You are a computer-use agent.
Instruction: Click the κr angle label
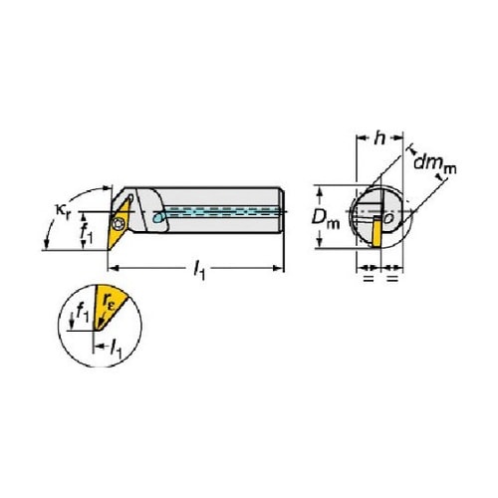[63, 211]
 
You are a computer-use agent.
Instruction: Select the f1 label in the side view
[87, 231]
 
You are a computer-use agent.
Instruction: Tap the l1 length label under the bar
[199, 269]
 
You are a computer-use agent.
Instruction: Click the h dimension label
[379, 137]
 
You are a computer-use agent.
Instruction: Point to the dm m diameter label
[435, 164]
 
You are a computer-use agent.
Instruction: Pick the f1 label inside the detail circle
[83, 313]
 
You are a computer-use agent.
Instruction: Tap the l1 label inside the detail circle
[117, 349]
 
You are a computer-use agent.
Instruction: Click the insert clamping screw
[118, 224]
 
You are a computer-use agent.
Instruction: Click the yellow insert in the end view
[376, 231]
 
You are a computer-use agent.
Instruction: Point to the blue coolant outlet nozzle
[158, 217]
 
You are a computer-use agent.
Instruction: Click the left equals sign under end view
[369, 278]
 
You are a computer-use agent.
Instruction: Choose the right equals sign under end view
[392, 278]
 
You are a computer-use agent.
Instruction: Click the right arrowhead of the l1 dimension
[278, 268]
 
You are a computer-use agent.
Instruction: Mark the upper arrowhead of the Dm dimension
[320, 191]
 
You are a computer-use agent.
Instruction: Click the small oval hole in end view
[388, 218]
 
